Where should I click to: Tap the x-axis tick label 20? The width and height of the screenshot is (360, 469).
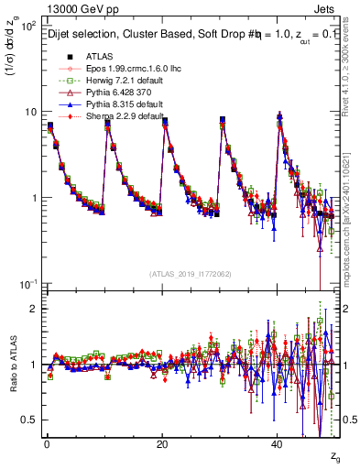pos(161,444)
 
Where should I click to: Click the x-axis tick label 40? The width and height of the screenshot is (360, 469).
pos(278,444)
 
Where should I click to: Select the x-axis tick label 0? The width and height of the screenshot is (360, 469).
pos(46,444)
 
